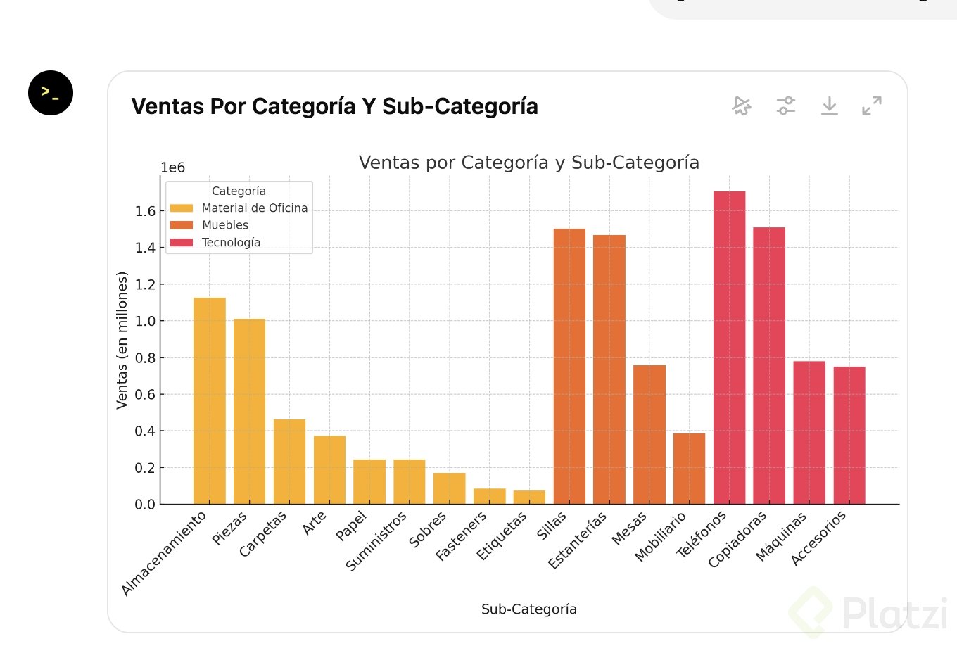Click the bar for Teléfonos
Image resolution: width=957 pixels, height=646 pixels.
click(x=729, y=348)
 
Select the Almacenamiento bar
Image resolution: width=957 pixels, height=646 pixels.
click(x=210, y=401)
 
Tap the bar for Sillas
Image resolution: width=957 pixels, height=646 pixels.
click(x=569, y=366)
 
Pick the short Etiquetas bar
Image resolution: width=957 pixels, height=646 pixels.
click(x=529, y=497)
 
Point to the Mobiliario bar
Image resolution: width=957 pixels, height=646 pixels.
click(x=689, y=469)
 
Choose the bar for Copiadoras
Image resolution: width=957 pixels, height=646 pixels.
click(x=769, y=366)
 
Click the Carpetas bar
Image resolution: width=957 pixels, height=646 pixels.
click(x=289, y=462)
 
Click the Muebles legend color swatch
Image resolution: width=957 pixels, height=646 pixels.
click(x=182, y=225)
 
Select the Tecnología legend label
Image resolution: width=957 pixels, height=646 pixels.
click(x=231, y=243)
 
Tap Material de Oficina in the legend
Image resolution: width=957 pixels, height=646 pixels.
click(x=255, y=208)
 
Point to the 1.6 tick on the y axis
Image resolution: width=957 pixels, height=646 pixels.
click(x=145, y=211)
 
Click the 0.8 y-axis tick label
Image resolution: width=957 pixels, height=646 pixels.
click(x=145, y=358)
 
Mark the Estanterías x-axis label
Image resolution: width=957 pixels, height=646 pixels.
click(x=578, y=540)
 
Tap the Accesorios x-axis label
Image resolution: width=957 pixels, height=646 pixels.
click(x=819, y=538)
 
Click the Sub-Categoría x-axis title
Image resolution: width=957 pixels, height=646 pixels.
click(x=529, y=609)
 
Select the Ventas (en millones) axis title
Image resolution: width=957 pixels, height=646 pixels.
click(x=122, y=340)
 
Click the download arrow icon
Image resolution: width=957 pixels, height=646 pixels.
click(x=830, y=106)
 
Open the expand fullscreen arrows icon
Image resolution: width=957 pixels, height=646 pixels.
click(x=872, y=106)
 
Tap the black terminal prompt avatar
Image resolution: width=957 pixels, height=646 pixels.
click(x=51, y=93)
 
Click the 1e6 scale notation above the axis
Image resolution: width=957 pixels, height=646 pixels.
click(x=172, y=167)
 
